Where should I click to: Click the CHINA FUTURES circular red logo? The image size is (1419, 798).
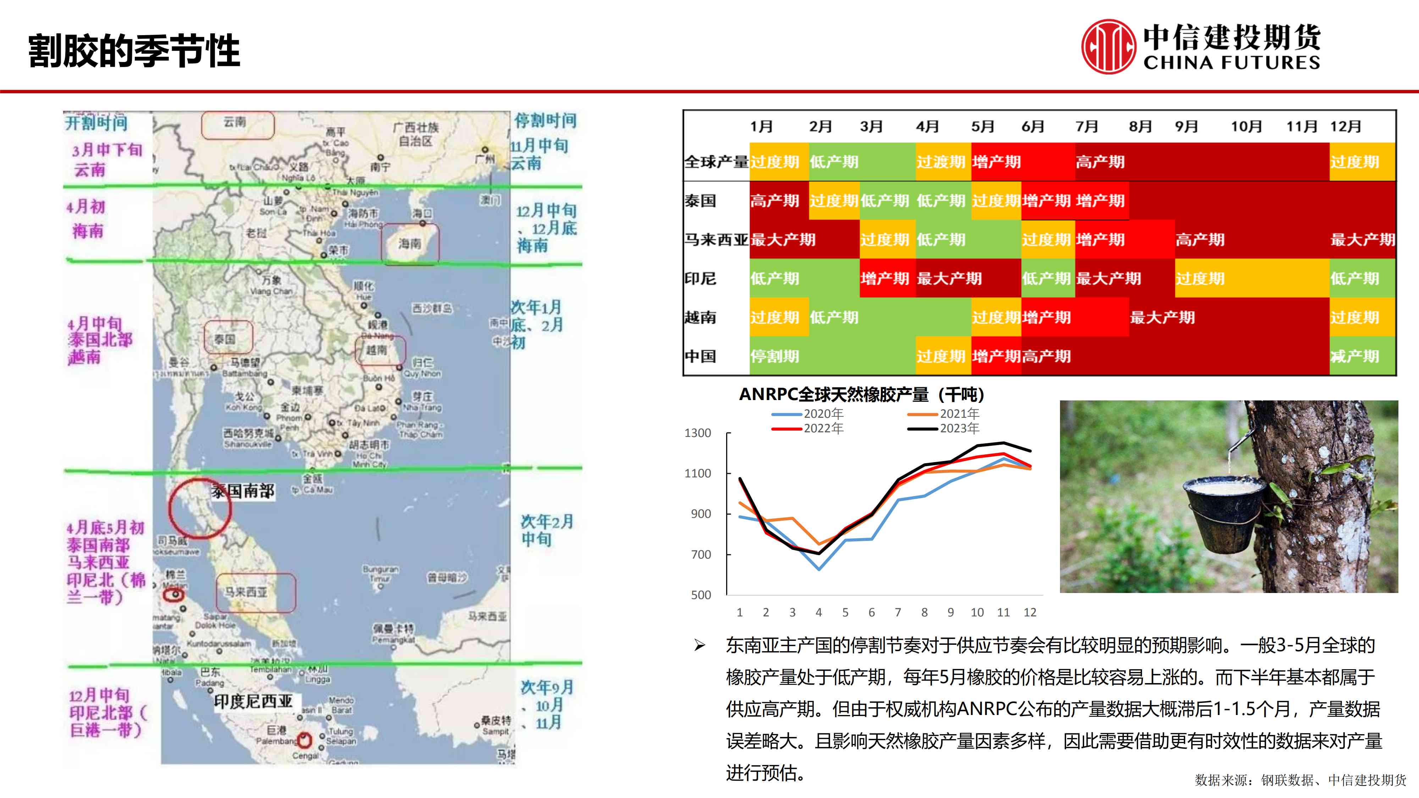[x=1108, y=47]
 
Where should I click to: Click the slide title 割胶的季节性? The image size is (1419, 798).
[x=134, y=51]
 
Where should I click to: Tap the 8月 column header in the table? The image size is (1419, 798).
[x=1140, y=127]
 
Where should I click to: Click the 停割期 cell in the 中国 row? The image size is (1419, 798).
[x=774, y=356]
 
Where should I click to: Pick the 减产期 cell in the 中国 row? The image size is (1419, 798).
[x=1354, y=356]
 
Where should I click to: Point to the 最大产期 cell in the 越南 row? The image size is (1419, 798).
[x=1162, y=317]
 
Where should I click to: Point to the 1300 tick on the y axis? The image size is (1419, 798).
[x=697, y=433]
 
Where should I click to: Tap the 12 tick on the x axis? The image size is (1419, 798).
[x=1029, y=613]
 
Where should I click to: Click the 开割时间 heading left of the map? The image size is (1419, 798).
[x=96, y=122]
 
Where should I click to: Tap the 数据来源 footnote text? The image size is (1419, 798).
[x=1300, y=780]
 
